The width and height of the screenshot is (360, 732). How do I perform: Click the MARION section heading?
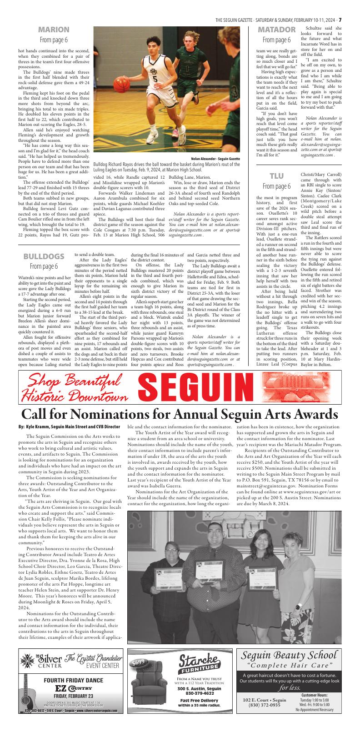click(54, 30)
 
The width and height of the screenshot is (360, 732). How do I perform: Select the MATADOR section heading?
click(277, 30)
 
